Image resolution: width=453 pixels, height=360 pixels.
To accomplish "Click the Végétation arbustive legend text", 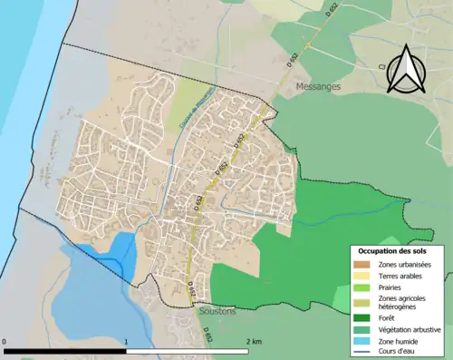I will click(410, 329).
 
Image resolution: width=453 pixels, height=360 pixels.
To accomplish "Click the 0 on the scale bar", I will click(5, 342).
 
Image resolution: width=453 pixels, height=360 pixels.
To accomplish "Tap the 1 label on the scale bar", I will click(126, 342).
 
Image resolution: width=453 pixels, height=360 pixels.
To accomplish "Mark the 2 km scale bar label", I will click(253, 342).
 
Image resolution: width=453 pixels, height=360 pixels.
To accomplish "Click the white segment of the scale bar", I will click(187, 350).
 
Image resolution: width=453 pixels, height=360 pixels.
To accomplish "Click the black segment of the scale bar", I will click(65, 350).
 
